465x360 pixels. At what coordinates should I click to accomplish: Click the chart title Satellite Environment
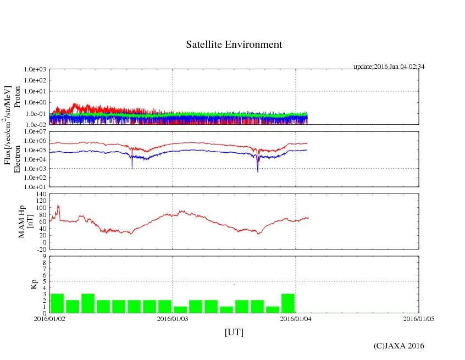pos(234,45)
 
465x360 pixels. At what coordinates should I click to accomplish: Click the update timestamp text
pos(389,67)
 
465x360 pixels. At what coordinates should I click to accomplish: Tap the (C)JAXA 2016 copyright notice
pos(398,346)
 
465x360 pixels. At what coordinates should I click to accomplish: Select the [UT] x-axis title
pos(234,332)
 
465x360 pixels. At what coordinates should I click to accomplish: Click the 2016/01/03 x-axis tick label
pos(173,319)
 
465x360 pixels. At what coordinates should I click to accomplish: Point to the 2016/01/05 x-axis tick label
pos(418,319)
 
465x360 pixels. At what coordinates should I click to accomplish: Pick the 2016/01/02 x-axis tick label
pos(49,319)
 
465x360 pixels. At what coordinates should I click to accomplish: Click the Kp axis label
pos(33,284)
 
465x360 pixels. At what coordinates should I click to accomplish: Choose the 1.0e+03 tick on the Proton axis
pos(35,70)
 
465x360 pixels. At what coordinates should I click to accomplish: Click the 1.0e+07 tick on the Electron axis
pos(35,132)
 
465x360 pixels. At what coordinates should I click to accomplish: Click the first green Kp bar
pos(57,303)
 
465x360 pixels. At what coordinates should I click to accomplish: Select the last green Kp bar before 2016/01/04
pos(288,303)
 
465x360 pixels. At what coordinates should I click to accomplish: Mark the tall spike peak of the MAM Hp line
pos(58,206)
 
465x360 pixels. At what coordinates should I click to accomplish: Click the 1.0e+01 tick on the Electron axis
pos(35,186)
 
